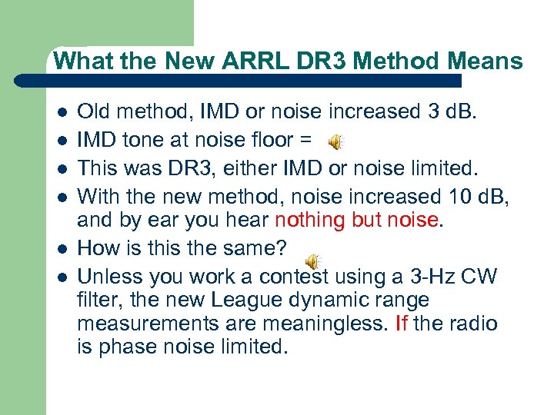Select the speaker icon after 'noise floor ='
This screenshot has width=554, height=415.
(x=335, y=141)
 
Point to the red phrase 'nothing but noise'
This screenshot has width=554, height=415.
(x=356, y=221)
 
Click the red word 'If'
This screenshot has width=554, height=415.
(x=401, y=323)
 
